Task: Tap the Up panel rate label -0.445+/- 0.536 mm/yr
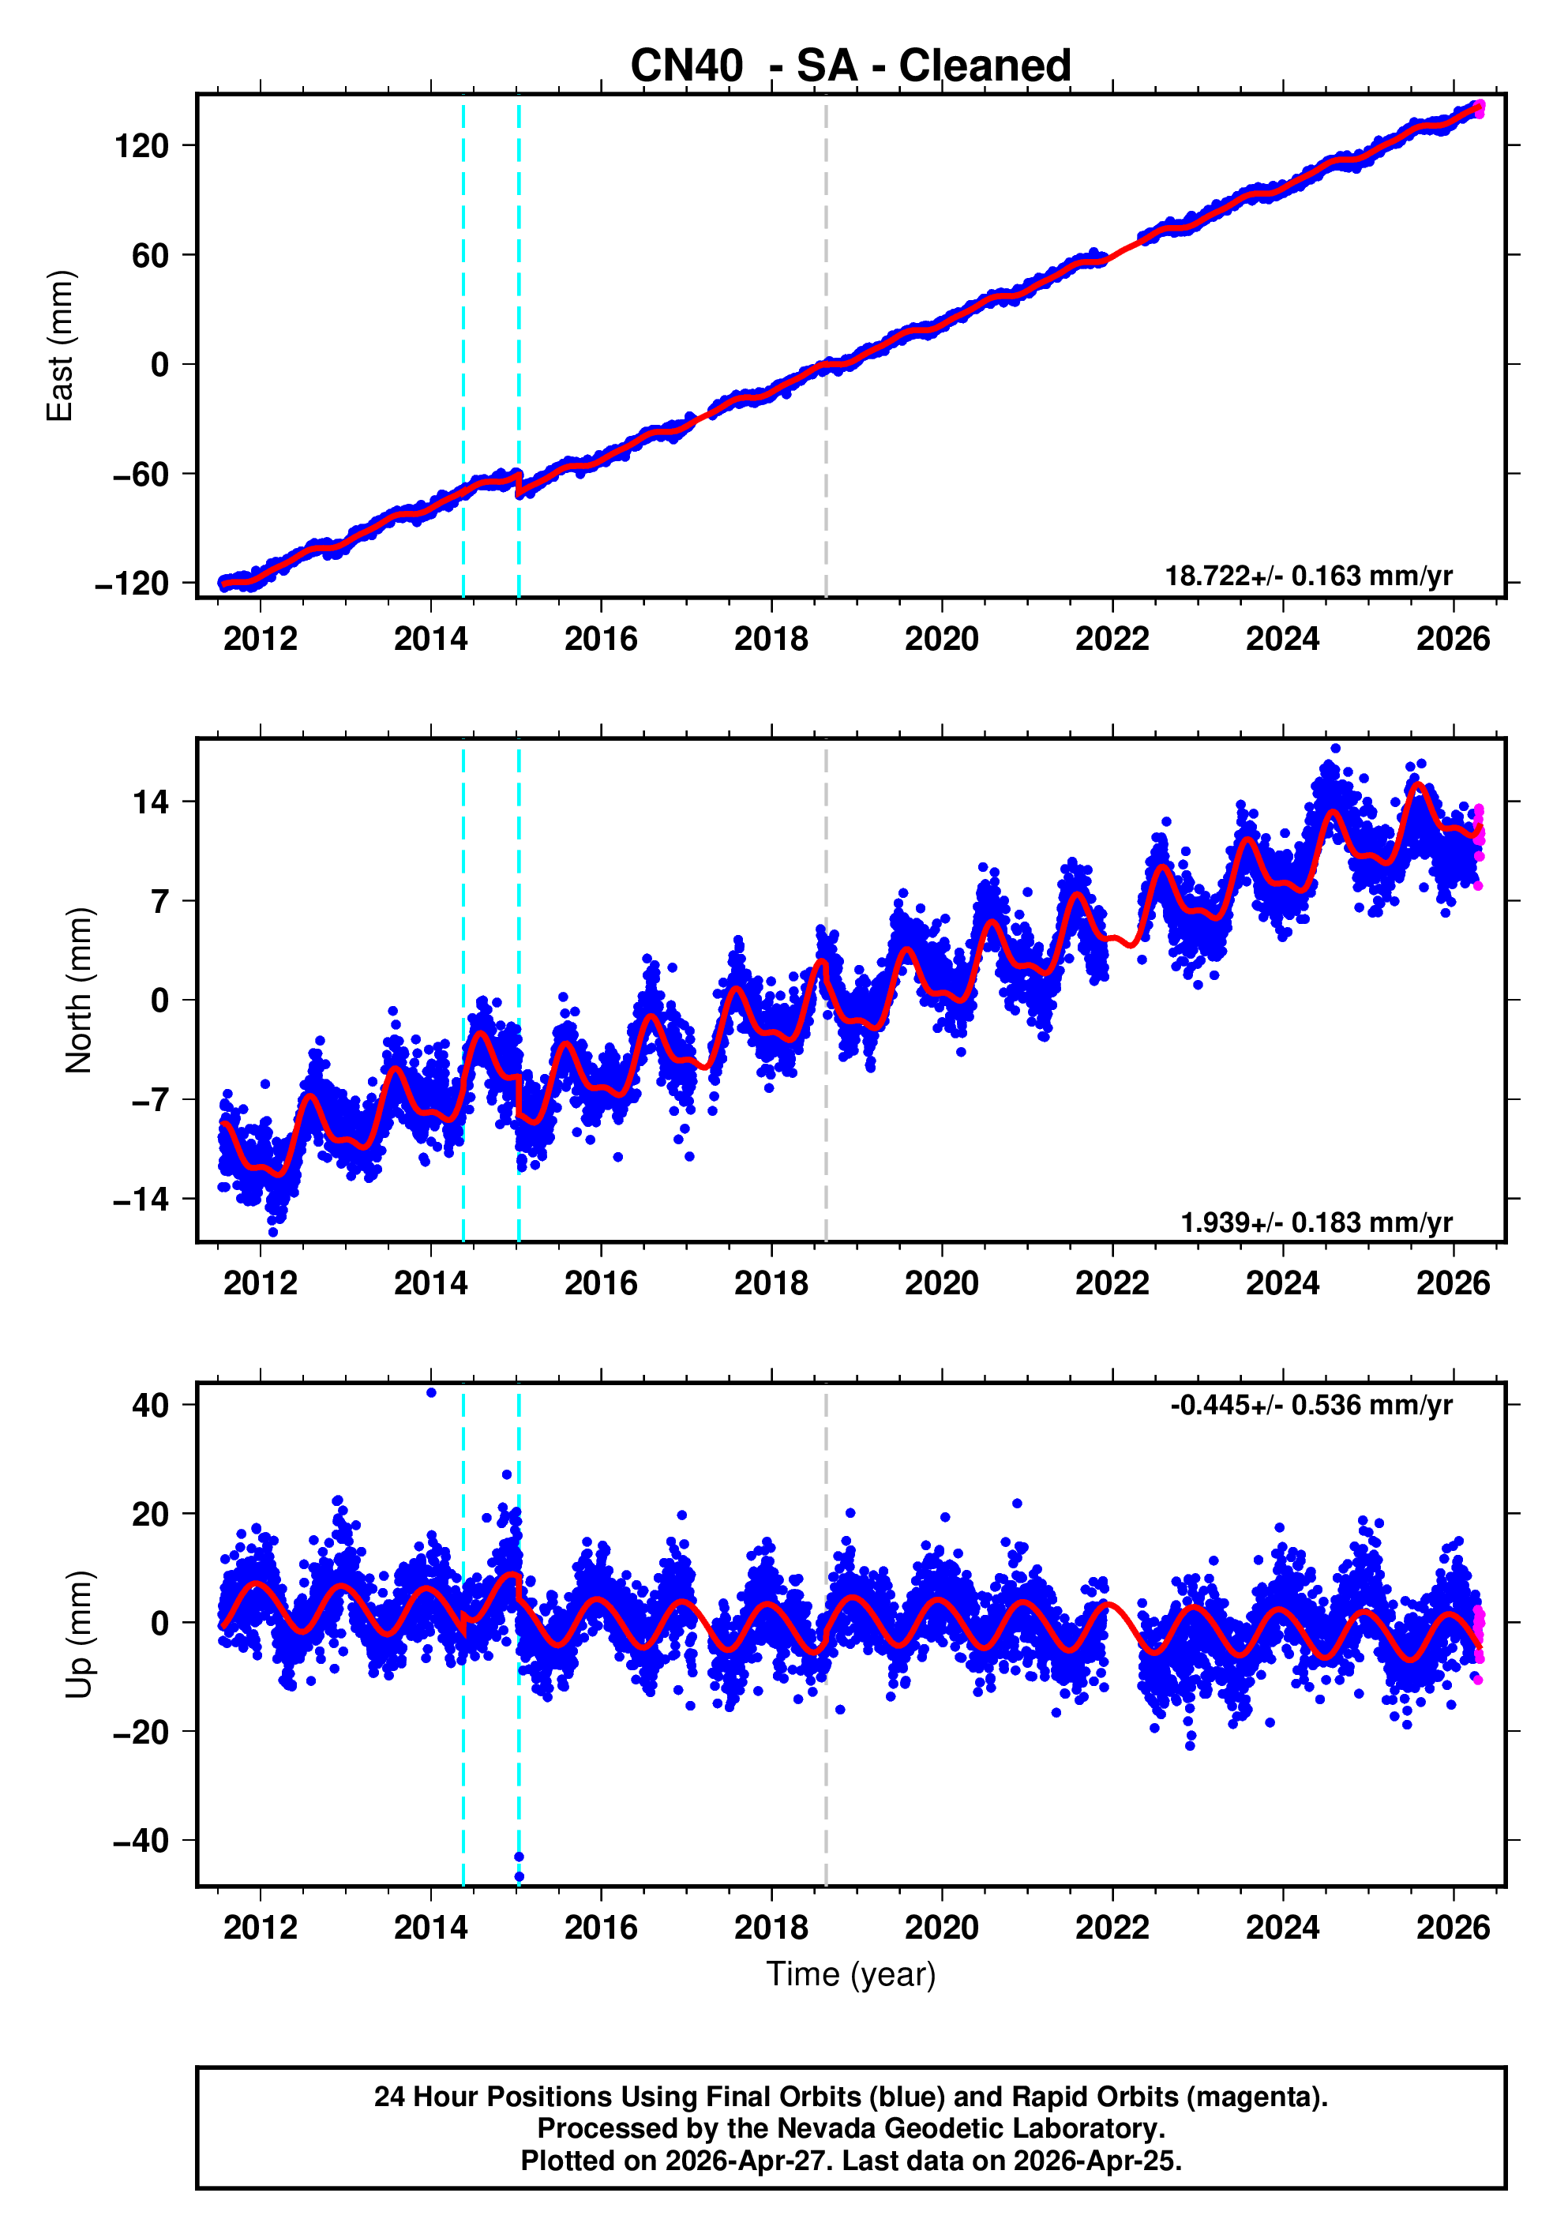[x=1311, y=1405]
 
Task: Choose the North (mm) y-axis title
[x=78, y=990]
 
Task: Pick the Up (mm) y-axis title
[x=78, y=1635]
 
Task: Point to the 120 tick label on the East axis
[x=141, y=146]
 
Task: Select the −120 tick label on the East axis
[x=132, y=584]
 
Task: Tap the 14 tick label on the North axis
[x=151, y=802]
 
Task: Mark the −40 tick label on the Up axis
[x=141, y=1842]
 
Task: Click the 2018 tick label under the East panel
[x=771, y=640]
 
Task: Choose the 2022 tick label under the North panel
[x=1112, y=1284]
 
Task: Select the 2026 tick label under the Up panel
[x=1453, y=1928]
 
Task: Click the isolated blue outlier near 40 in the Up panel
[x=432, y=1393]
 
